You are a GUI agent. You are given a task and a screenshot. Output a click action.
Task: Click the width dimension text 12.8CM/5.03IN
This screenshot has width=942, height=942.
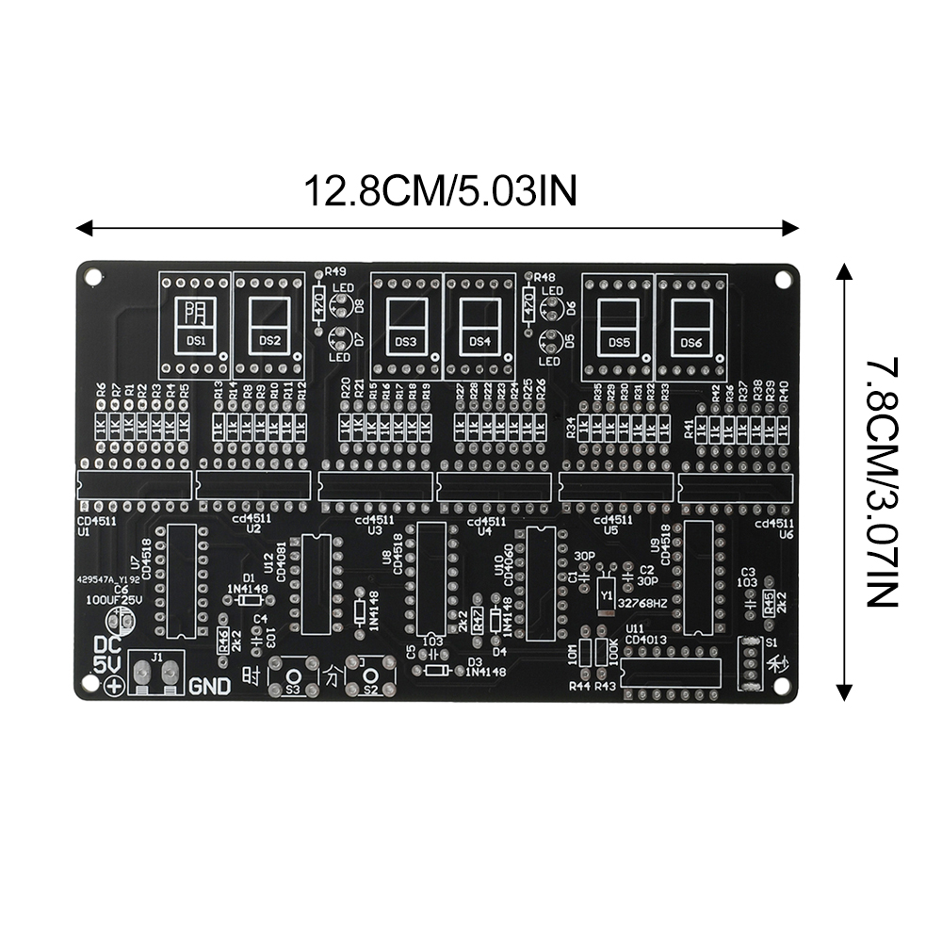439,191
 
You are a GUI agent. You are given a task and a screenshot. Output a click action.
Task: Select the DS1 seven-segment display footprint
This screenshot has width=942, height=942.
196,320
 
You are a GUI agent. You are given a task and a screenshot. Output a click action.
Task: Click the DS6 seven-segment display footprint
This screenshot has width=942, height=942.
691,321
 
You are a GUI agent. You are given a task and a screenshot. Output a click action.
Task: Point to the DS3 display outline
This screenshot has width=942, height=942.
406,321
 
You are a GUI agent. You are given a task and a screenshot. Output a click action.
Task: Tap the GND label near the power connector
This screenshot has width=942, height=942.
209,687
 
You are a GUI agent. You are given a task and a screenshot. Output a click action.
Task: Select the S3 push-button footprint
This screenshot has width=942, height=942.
292,676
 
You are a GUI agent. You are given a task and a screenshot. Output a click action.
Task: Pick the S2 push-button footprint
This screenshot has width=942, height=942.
370,676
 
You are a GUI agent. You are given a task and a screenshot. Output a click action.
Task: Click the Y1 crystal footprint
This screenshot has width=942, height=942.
607,594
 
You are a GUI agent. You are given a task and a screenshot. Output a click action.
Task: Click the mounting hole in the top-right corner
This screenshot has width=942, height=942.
781,280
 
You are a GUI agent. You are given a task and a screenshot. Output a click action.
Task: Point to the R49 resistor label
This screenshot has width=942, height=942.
335,270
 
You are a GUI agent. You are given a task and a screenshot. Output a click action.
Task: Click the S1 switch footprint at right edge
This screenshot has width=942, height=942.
750,663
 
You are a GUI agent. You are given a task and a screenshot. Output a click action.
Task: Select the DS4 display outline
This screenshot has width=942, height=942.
479,321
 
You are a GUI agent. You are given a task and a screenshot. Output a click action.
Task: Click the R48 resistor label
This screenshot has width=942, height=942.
545,277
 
